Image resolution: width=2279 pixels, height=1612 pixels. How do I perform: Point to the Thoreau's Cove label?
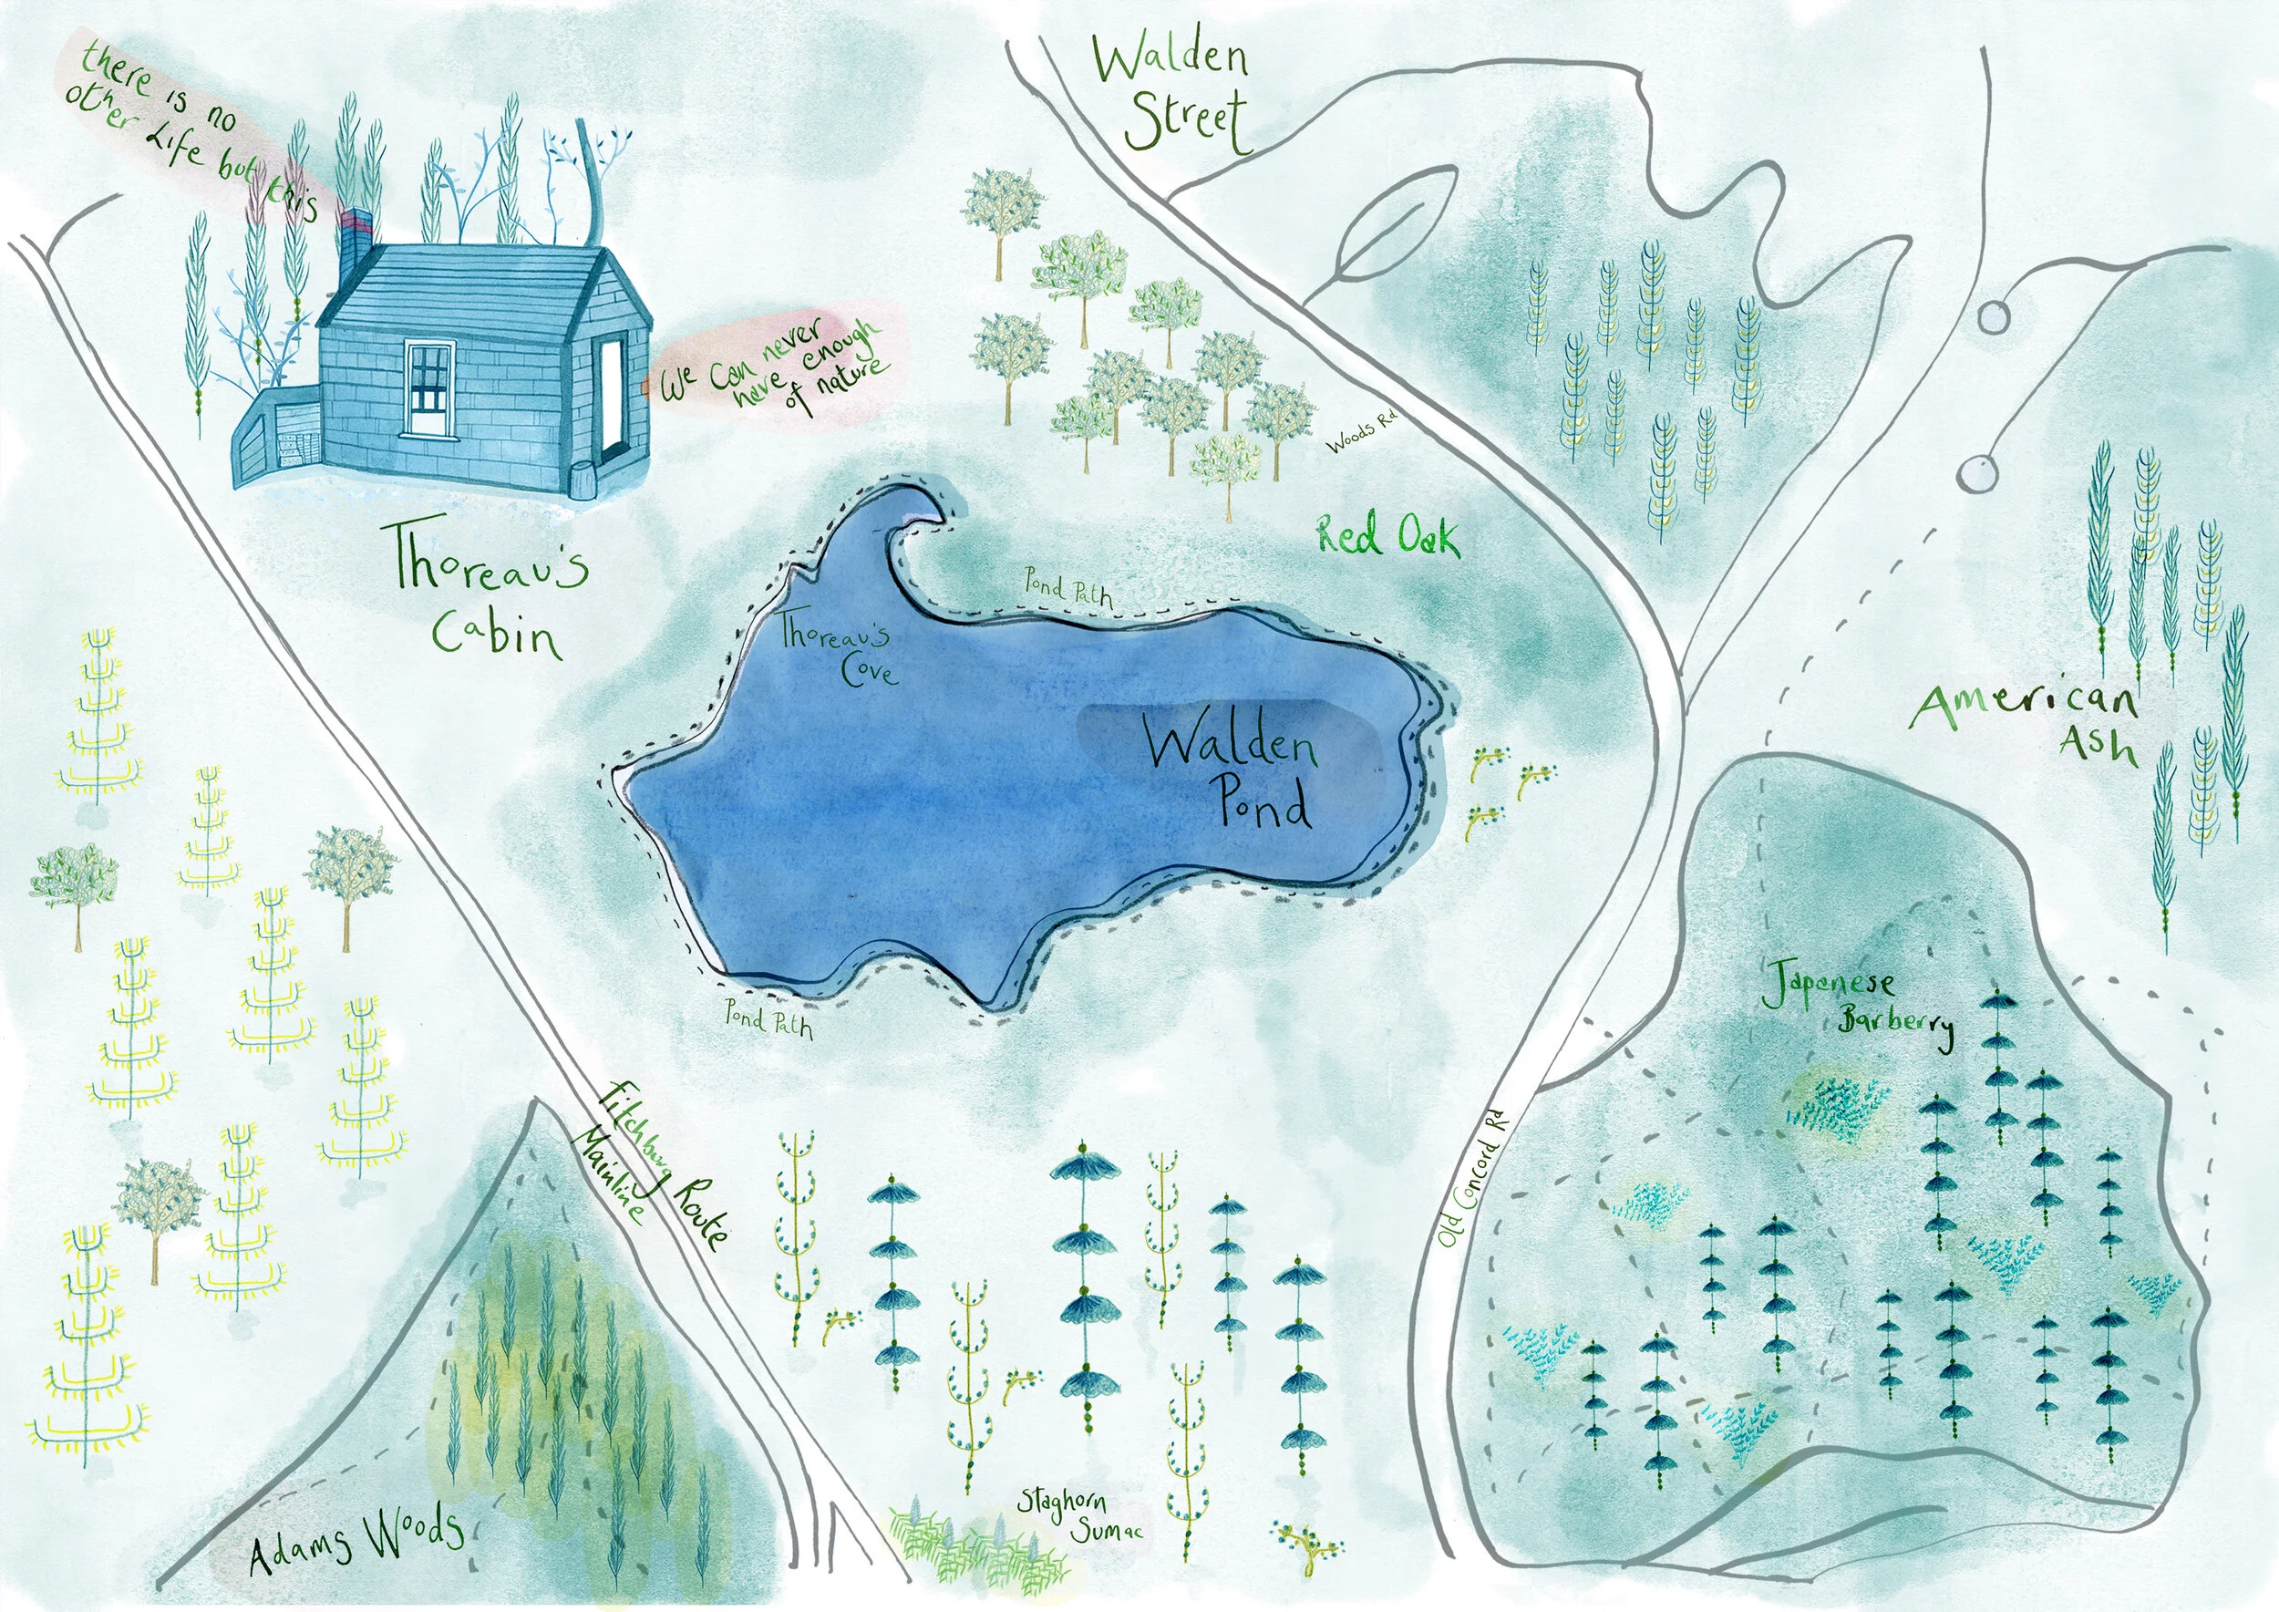tap(839, 649)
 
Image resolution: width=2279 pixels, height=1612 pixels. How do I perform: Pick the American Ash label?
tap(2035, 719)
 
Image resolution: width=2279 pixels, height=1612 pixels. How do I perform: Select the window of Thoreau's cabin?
tap(429, 387)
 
